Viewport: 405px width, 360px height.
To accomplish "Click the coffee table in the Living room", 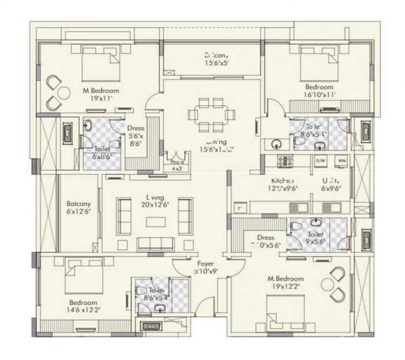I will click(x=154, y=221).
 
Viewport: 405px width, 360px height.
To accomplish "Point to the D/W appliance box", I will click(x=321, y=160).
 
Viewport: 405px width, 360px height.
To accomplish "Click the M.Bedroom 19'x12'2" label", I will click(x=285, y=282).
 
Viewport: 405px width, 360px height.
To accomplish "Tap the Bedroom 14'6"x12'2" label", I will click(x=83, y=306).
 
